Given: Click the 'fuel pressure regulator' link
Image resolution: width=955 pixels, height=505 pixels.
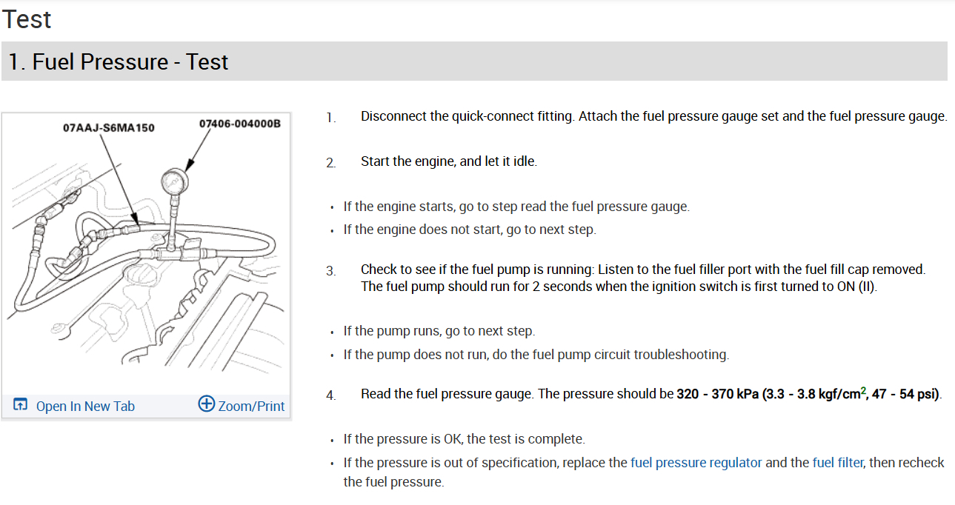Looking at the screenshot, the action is click(696, 463).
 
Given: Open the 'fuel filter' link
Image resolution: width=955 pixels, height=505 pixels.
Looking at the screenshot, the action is click(837, 463).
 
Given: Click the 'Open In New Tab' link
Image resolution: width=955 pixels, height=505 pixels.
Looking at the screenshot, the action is click(85, 406).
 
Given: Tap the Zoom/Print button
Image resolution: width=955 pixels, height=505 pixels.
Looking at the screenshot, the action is click(250, 406).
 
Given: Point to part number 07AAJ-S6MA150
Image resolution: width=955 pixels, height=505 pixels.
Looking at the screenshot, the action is click(109, 127).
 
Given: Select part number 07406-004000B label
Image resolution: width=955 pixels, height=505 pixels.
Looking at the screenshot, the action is click(240, 123).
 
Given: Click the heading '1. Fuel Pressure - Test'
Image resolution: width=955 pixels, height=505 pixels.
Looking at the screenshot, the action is click(119, 61).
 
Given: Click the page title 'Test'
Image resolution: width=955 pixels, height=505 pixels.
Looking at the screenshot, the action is click(27, 19).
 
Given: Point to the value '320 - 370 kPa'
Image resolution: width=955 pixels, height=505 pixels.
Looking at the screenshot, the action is click(717, 394).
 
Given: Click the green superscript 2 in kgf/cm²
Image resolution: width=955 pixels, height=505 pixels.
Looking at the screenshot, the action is click(863, 390).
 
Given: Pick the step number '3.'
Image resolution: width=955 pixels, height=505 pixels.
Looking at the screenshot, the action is click(330, 271).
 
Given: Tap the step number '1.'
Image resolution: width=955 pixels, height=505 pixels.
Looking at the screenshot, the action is click(330, 118).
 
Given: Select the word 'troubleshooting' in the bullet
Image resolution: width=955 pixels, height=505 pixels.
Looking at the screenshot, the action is click(682, 355).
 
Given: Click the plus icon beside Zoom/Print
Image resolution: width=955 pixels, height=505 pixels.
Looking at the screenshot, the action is click(206, 404).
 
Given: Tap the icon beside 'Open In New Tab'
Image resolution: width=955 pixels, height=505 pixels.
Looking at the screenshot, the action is click(21, 405).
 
